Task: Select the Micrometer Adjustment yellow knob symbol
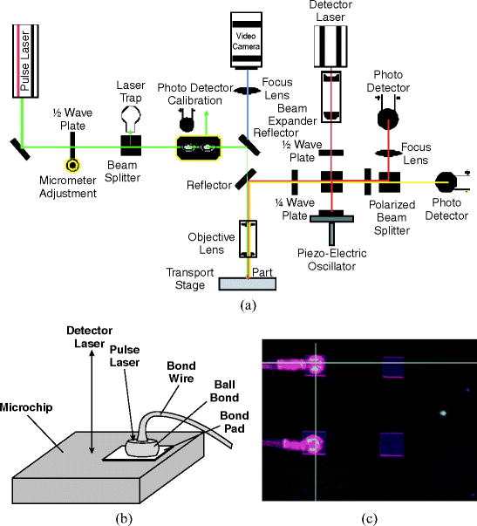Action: [72, 162]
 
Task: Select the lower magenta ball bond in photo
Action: [311, 443]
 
